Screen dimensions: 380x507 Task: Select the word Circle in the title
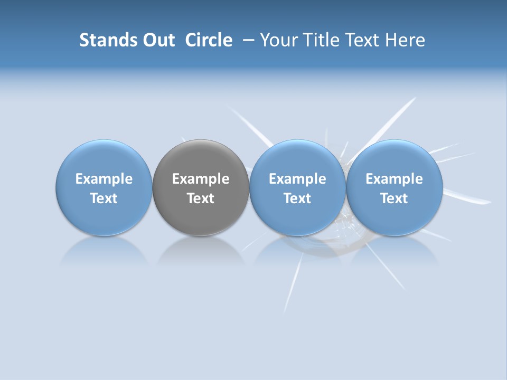point(209,40)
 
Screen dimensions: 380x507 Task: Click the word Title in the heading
point(319,40)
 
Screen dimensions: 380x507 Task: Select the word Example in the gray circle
point(201,179)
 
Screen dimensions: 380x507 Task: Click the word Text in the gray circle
point(201,198)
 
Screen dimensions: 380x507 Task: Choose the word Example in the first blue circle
point(104,179)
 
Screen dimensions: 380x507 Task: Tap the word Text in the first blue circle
point(104,198)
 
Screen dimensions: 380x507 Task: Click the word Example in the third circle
point(297,179)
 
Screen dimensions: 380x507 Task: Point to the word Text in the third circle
point(297,198)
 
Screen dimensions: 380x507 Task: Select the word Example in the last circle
point(394,179)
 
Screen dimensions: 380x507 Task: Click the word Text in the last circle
point(394,198)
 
